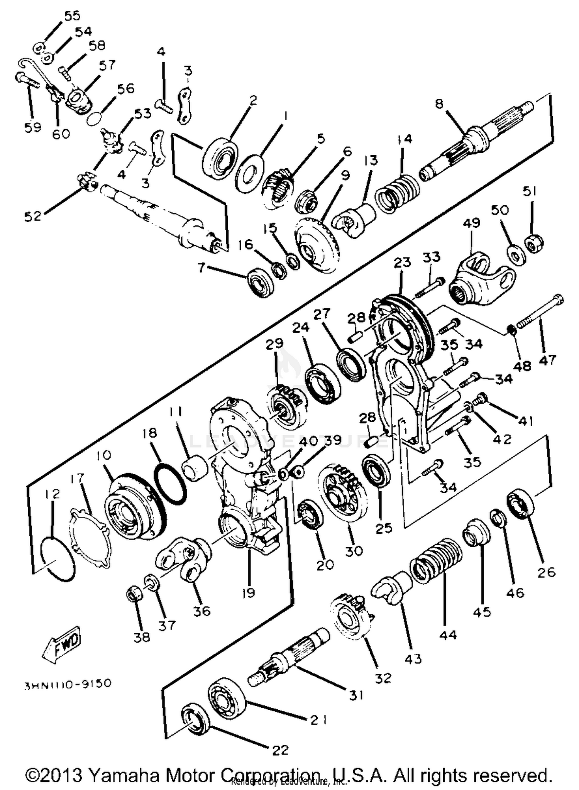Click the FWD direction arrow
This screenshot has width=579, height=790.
pyautogui.click(x=62, y=644)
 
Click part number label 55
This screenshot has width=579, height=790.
pyautogui.click(x=72, y=16)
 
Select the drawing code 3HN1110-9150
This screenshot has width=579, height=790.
pyautogui.click(x=68, y=683)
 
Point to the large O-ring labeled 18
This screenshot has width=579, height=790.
pyautogui.click(x=170, y=484)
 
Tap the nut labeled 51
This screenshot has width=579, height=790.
pyautogui.click(x=535, y=242)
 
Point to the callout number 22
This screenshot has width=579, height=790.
pyautogui.click(x=280, y=750)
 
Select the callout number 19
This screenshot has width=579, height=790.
pyautogui.click(x=249, y=592)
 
